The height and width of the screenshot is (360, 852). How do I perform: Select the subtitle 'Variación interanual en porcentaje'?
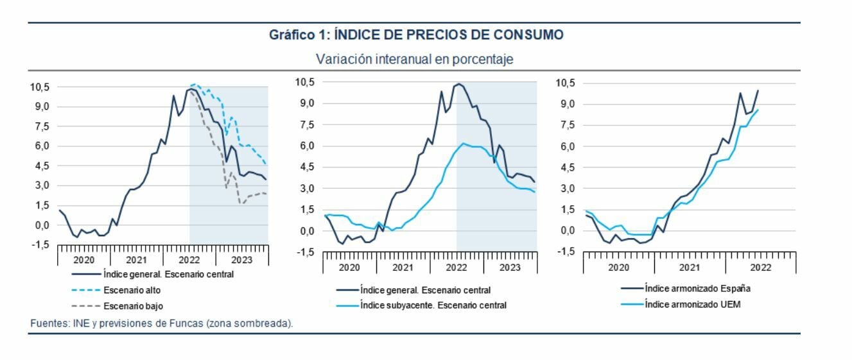(414, 59)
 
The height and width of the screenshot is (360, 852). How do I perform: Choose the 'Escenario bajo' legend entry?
(130, 306)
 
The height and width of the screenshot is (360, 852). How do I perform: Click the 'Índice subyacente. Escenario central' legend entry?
(433, 305)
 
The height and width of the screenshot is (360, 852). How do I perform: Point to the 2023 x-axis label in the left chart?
(241, 260)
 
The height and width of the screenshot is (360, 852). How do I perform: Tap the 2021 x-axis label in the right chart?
(690, 267)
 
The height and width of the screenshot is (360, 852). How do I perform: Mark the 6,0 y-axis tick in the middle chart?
(306, 146)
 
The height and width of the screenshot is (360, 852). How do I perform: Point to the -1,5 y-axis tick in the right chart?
(566, 252)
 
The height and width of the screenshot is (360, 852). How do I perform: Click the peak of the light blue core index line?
(462, 143)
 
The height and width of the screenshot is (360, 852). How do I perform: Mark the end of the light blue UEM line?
(758, 110)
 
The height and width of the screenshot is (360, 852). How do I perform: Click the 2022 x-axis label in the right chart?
(761, 267)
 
